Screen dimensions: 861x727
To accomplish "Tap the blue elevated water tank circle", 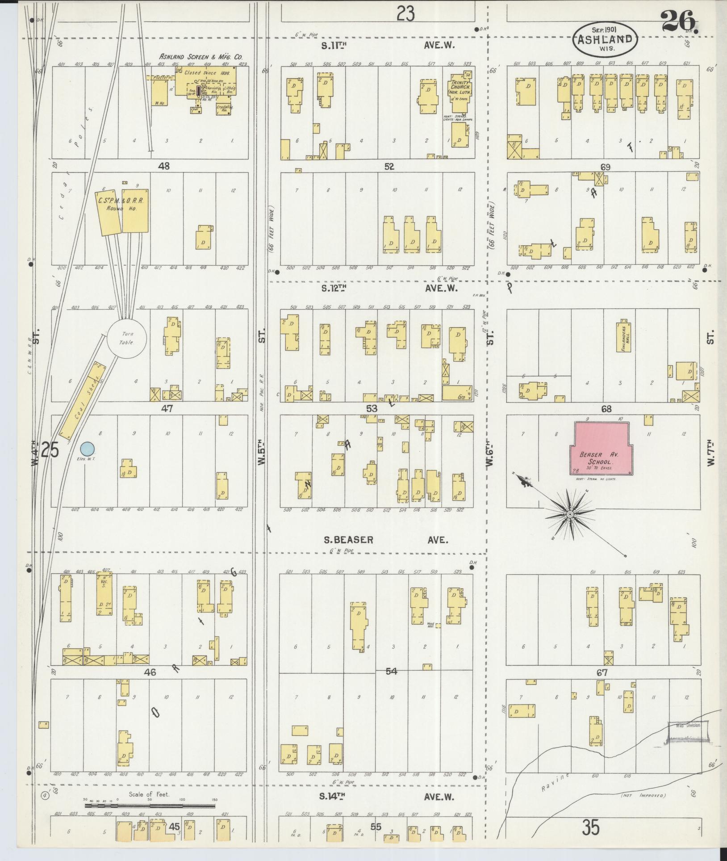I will point(87,448).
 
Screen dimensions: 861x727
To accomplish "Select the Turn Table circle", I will point(122,337).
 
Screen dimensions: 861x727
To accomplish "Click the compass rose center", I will point(570,515).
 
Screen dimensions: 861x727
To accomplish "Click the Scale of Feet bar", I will point(150,806).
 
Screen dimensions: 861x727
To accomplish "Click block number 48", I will point(164,166).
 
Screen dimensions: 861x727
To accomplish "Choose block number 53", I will point(372,408).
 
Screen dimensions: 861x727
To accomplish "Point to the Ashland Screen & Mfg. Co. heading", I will point(201,57).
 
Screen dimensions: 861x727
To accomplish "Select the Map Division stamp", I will point(688,725).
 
